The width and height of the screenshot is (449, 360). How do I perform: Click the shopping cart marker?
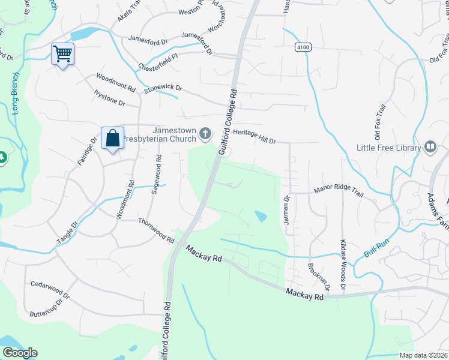(62, 54)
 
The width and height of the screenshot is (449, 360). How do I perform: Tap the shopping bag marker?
(112, 139)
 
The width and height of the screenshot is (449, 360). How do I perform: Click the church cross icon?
(205, 133)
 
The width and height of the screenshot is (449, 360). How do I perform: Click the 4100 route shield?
(303, 46)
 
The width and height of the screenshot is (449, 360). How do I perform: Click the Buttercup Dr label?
(50, 306)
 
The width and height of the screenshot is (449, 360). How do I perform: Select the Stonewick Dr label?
(163, 89)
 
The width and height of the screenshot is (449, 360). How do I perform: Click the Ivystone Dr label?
(109, 99)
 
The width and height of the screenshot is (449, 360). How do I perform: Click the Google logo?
(20, 353)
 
